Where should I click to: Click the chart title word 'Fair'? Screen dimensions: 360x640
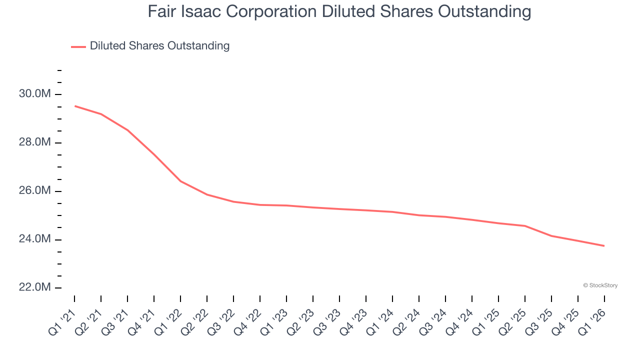[x=160, y=11]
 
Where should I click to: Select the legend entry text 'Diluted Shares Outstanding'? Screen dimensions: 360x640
[x=159, y=46]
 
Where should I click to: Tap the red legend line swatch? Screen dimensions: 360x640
[x=78, y=46]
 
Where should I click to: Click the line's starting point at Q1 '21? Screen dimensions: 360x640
[x=74, y=106]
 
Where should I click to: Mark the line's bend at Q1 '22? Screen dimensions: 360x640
[x=180, y=181]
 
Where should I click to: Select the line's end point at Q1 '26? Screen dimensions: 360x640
[x=604, y=245]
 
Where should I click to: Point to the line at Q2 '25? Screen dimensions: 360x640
[x=525, y=226]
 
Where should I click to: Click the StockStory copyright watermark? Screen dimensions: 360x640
[x=600, y=285]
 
